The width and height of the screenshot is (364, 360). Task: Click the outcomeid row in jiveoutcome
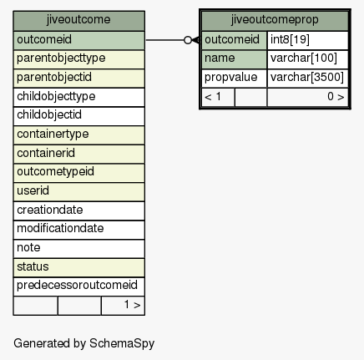tap(78, 40)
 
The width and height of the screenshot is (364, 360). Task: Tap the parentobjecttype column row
tap(78, 59)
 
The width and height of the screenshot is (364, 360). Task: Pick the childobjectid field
tap(78, 116)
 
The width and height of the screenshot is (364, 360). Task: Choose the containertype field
tap(78, 135)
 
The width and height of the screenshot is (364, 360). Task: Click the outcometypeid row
tap(78, 173)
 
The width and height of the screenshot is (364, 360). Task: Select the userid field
tap(78, 192)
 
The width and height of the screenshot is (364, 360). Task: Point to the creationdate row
tap(78, 210)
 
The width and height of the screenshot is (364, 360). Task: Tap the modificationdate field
tap(78, 230)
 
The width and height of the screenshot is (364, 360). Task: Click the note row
tap(78, 249)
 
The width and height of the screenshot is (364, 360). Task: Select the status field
tap(78, 267)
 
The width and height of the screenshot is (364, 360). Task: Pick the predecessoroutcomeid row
tap(78, 286)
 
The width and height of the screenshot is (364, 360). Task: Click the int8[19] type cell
tap(307, 40)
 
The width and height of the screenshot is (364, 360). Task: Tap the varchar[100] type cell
tap(307, 59)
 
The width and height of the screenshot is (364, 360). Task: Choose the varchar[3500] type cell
tap(307, 79)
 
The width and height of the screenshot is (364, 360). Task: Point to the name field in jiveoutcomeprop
tap(234, 59)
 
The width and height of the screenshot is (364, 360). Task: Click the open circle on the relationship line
tap(188, 40)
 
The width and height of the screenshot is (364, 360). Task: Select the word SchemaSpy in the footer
tap(122, 343)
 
